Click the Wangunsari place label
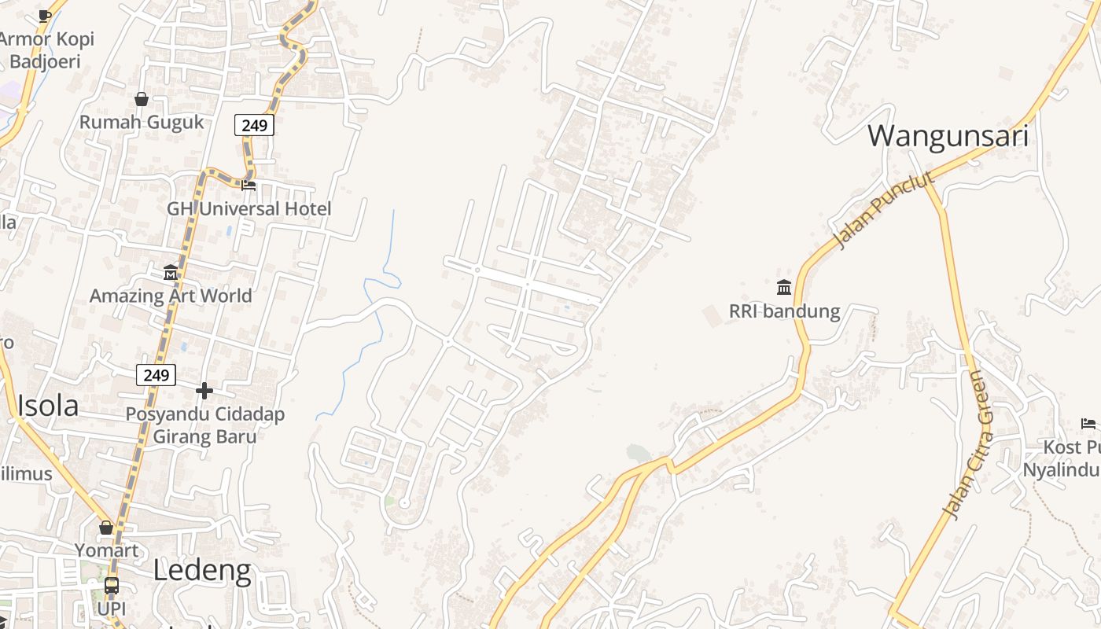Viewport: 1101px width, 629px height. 948,136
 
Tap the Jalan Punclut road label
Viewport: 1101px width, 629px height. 886,210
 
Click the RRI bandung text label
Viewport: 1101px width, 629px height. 784,311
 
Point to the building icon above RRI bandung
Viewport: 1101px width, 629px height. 784,287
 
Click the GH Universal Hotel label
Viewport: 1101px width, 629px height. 249,209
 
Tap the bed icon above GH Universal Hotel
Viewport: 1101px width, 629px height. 249,186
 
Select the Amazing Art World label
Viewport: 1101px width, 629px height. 171,296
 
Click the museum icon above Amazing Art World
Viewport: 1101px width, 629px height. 171,273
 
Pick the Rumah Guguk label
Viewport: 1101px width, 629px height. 142,122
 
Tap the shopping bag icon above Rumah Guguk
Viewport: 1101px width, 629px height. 142,99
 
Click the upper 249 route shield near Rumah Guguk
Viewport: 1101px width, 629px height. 254,125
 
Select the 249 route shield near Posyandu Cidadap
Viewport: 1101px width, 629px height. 156,375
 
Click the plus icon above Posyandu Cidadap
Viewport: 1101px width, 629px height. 204,390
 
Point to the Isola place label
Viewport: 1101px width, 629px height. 48,406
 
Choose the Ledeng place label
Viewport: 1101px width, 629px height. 202,570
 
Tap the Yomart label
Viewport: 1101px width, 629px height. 106,550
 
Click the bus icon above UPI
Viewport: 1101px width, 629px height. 112,586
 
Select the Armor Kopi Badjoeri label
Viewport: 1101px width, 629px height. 46,50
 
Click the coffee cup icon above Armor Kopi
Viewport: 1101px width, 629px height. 45,16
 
